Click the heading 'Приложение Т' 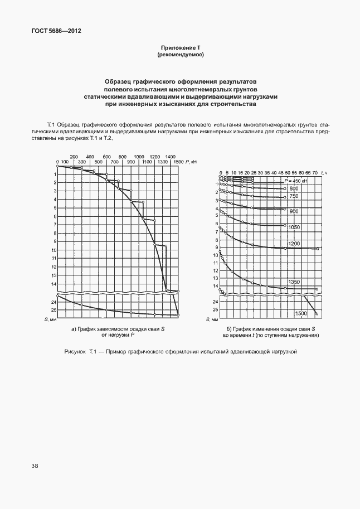point(180,49)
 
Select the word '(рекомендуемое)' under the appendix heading point(180,55)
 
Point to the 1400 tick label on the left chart point(170,157)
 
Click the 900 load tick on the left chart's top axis point(130,162)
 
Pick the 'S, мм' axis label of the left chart point(50,319)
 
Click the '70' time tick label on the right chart point(315,172)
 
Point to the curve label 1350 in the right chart point(295,283)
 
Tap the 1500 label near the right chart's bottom point(301,314)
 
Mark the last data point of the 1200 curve point(317,249)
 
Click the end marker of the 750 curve point(285,197)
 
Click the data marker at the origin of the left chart point(57,166)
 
